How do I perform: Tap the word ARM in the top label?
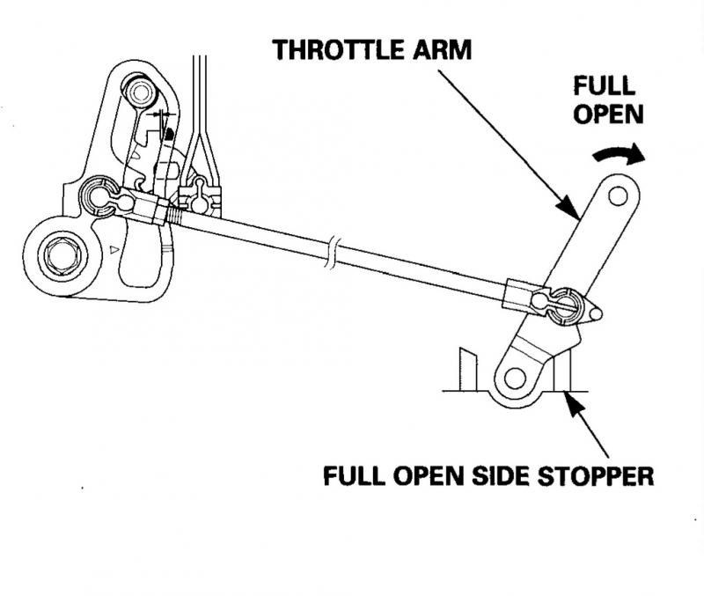(x=441, y=49)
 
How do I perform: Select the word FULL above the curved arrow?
(x=603, y=85)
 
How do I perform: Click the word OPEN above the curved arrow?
(x=603, y=115)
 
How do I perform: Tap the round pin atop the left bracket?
(x=140, y=92)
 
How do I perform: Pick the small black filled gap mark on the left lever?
(x=167, y=132)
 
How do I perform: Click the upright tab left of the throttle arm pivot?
(x=467, y=370)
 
